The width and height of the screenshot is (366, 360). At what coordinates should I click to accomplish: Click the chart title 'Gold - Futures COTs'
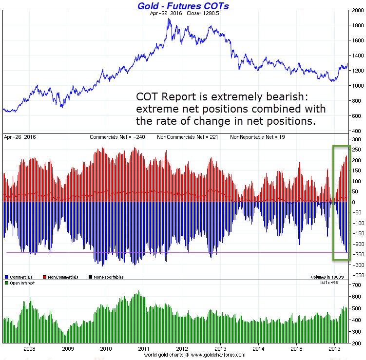(x=183, y=6)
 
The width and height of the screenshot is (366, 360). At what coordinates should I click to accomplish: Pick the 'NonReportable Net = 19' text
(x=254, y=138)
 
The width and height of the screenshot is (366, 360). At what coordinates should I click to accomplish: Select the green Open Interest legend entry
(x=19, y=283)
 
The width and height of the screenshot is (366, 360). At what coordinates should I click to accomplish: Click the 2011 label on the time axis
(x=144, y=349)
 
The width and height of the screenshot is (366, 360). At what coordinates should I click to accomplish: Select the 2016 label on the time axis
(x=334, y=349)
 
